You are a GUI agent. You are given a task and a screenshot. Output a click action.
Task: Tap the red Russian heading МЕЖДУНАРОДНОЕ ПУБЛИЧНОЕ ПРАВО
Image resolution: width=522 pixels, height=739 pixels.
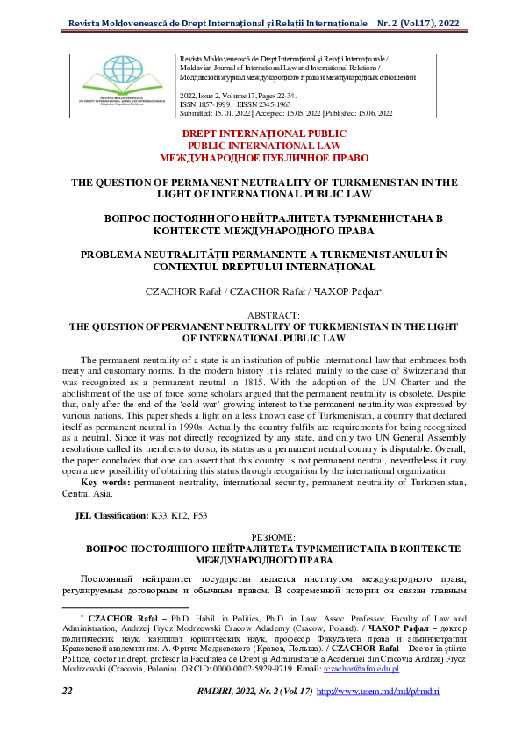pos(260,160)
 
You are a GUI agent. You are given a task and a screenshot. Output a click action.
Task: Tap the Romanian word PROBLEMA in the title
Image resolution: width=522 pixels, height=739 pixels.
pos(117,254)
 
